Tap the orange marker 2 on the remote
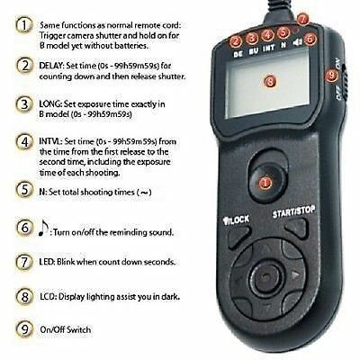236,40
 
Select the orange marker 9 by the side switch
332,77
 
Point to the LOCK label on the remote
234,219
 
